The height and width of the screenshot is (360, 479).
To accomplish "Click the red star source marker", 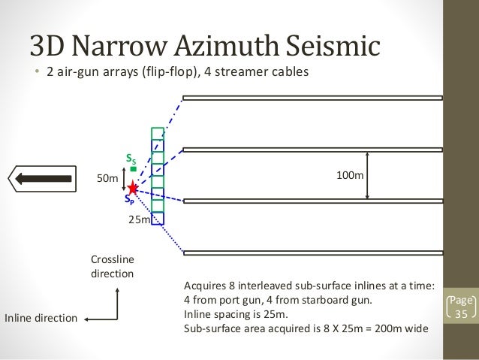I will click(x=133, y=186).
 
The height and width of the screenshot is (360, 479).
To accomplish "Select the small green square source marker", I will click(x=133, y=170).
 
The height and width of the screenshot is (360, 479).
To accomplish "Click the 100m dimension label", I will click(x=348, y=174).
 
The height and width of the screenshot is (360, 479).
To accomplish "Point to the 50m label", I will click(x=109, y=179).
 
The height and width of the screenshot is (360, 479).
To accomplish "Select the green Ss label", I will click(x=130, y=159).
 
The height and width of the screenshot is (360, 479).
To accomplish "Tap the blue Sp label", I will click(x=129, y=201).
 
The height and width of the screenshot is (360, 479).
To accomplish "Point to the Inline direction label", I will click(x=41, y=319).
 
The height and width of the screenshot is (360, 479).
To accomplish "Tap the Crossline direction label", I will click(x=112, y=266).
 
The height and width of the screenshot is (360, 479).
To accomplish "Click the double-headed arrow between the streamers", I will click(x=367, y=174).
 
